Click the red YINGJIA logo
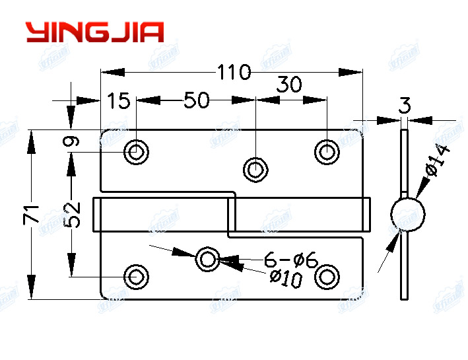(94, 32)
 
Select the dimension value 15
(119, 101)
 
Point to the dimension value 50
(196, 101)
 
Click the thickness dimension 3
(405, 104)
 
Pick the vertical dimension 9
(73, 141)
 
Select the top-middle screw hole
(255, 169)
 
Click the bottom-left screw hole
(137, 275)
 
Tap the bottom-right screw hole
(327, 275)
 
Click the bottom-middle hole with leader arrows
(208, 260)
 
